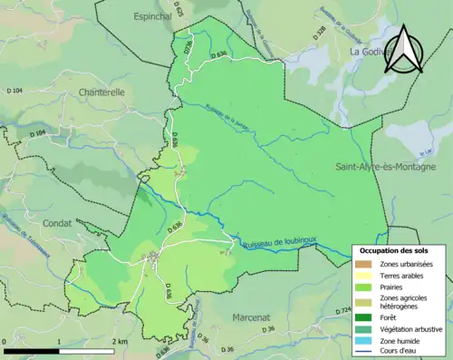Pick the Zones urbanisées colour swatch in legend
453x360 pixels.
pos(364,263)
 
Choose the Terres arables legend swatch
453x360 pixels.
pos(364,275)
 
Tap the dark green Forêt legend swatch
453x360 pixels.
pos(364,316)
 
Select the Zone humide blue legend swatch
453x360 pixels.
pos(364,340)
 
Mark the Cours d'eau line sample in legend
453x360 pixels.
pos(364,352)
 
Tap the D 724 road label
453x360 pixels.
pos(342,311)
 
